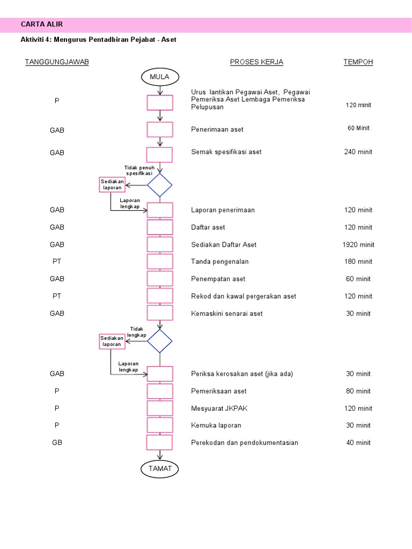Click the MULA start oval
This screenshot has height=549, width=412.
(159, 77)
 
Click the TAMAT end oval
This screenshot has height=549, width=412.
(160, 469)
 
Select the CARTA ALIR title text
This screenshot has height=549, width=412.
(42, 24)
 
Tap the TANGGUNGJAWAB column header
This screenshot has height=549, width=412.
(57, 62)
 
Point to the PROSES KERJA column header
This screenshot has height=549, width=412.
(256, 62)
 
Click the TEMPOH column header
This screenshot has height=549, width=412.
(358, 62)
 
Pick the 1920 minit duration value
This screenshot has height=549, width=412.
(358, 244)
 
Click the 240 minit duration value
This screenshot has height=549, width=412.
(358, 152)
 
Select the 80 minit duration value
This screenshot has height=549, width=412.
(358, 391)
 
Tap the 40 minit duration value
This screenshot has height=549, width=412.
(358, 442)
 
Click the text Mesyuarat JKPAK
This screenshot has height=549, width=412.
(219, 408)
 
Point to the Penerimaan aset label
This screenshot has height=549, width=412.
(217, 129)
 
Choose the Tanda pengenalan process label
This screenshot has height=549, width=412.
(220, 262)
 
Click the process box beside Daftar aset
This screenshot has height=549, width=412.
(160, 227)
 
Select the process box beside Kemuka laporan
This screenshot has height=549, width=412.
(160, 425)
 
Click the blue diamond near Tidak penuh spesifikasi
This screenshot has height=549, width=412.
(160, 185)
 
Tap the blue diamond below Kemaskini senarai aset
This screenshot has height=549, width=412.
(160, 341)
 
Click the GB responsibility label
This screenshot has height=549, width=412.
(57, 442)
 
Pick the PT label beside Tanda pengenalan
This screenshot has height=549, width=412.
(57, 262)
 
